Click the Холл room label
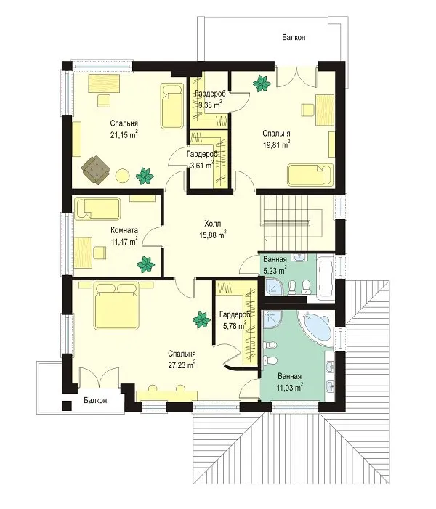(x=213, y=224)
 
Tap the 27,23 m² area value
(x=182, y=365)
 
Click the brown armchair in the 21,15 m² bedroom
(x=96, y=170)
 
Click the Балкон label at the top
(x=294, y=37)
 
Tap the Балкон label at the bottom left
(x=95, y=400)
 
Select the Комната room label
(x=124, y=230)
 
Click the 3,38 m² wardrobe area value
(x=210, y=105)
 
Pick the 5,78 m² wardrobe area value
(x=234, y=325)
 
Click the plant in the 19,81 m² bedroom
(x=262, y=84)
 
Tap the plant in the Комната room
(x=145, y=264)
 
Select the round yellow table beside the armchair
(x=123, y=176)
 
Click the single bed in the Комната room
(x=97, y=208)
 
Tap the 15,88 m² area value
(x=213, y=235)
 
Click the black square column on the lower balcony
(x=67, y=405)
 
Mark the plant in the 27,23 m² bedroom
(x=201, y=319)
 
